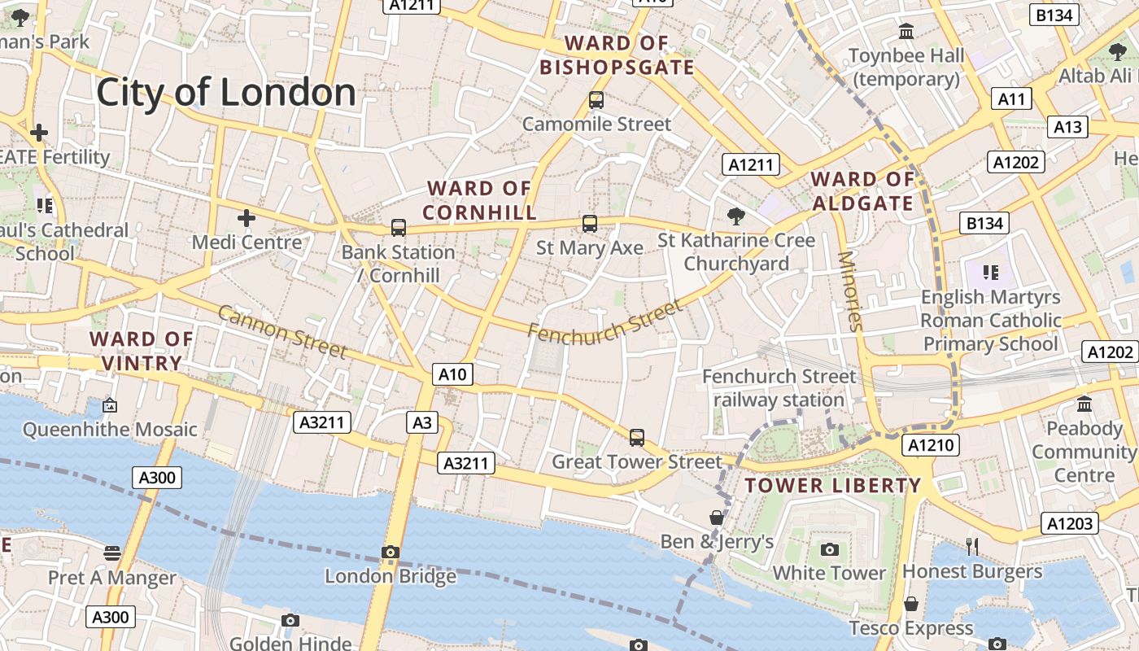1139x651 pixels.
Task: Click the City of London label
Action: (x=226, y=92)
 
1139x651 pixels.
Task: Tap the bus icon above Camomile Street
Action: (x=596, y=101)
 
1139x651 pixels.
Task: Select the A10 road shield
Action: (x=452, y=374)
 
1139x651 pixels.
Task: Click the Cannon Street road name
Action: (x=282, y=331)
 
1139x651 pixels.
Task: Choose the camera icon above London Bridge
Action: (x=391, y=553)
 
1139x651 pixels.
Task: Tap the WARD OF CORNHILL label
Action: (x=480, y=200)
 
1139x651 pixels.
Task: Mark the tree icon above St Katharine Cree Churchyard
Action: (x=736, y=216)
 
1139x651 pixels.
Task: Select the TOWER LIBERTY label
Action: (x=833, y=486)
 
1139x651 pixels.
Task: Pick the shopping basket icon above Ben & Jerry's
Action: (x=717, y=518)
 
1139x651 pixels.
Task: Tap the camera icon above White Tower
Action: (x=829, y=549)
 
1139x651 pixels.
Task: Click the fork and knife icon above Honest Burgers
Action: (x=971, y=546)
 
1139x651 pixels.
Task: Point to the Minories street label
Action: (x=849, y=291)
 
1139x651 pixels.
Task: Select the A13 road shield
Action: (x=1067, y=127)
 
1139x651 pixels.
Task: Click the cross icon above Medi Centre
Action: (x=247, y=218)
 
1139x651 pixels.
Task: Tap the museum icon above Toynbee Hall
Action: (x=906, y=32)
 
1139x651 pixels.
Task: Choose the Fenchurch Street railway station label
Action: (x=779, y=388)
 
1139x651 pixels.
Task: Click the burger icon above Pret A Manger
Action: (x=112, y=554)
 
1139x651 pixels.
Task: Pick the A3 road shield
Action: (x=422, y=422)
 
